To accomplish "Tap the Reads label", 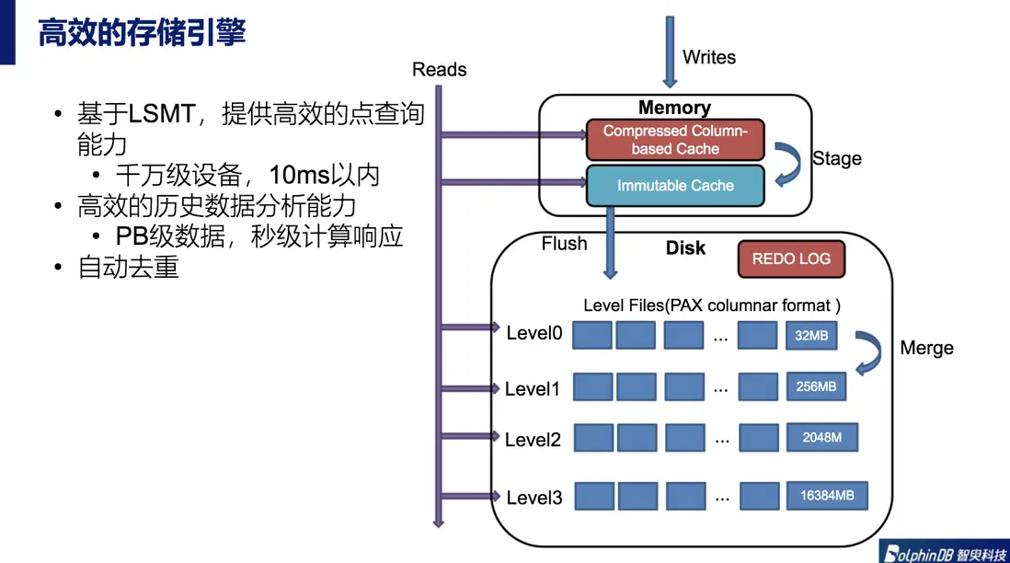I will pos(439,69).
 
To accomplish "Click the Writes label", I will pos(708,57).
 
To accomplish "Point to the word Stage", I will pos(836,158).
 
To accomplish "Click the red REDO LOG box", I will pos(790,259).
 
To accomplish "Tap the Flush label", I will pos(564,244).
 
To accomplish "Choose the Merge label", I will pos(926,348).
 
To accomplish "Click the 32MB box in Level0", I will pos(811,336).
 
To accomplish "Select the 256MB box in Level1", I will pos(815,386).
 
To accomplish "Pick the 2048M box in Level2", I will pos(821,438).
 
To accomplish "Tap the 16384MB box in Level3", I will pos(826,496).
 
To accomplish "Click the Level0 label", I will pos(534,333).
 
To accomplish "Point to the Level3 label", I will pos(534,498).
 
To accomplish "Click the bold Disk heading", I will pos(685,247).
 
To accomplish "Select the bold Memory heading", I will pos(674,108).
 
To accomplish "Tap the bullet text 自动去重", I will pos(128,268).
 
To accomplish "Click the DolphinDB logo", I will pos(943,551).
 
